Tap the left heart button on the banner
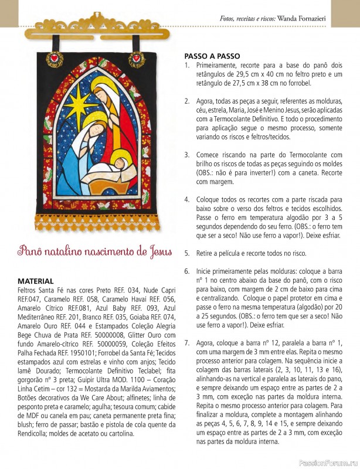pos(56,58)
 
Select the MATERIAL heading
pos(36,281)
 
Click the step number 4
pos(186,199)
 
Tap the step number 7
pos(186,342)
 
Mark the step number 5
pos(186,253)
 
